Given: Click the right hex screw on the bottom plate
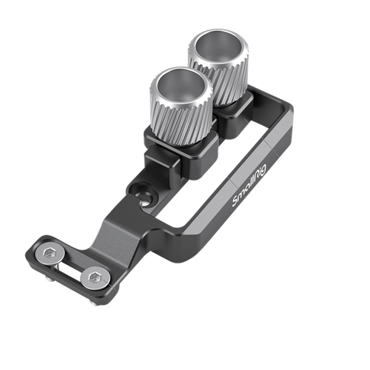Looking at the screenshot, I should click(94, 278).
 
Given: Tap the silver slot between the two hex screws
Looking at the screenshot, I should click(71, 267).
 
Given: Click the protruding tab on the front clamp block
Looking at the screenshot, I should click(152, 158).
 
